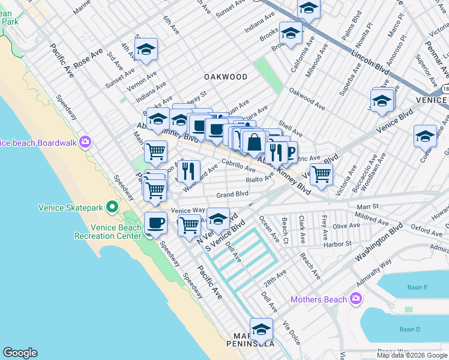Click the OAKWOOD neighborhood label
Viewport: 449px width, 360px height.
tap(225, 77)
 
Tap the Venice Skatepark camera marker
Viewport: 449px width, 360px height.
tap(112, 208)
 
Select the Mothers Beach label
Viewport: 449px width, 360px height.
tap(319, 299)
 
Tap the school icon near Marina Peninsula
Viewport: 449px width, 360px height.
tap(261, 329)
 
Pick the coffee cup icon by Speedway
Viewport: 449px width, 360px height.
tap(155, 223)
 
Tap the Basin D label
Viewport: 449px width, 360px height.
tap(410, 329)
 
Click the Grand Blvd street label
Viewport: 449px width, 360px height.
tap(232, 194)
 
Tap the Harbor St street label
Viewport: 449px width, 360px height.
tap(337, 244)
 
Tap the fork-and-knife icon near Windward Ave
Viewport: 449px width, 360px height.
tap(188, 170)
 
